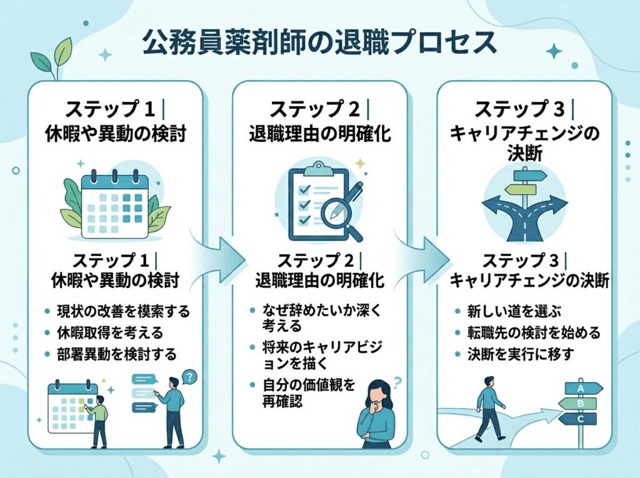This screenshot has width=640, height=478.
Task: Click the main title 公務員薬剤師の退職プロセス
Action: tap(319, 44)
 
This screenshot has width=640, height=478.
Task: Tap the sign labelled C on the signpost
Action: tap(581, 419)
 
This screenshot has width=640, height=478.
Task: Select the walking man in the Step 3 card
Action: tap(489, 412)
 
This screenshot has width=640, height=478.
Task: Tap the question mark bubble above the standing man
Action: tap(190, 377)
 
